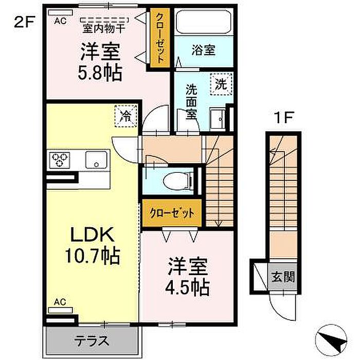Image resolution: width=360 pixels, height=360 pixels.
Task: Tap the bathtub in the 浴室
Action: (x=204, y=22)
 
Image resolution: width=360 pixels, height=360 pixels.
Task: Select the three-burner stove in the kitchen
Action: (x=60, y=159)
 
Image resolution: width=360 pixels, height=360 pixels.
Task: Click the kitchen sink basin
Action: (x=96, y=159)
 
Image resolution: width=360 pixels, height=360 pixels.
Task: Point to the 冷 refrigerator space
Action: (x=126, y=116)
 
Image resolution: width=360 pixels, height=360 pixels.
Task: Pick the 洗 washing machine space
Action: (x=221, y=84)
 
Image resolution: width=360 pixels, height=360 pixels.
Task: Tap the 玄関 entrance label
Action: (x=283, y=277)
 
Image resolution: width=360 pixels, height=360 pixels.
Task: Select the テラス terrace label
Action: (x=92, y=340)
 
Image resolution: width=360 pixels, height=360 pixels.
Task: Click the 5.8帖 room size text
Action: (x=100, y=73)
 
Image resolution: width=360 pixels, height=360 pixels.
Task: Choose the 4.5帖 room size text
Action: (x=187, y=287)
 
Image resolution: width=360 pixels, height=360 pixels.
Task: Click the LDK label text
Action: (x=92, y=234)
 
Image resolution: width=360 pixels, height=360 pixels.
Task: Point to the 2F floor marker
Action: (x=24, y=23)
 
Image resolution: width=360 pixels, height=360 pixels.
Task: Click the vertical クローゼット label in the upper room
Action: (x=160, y=38)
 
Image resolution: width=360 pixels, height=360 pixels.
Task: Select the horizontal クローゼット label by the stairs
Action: (x=172, y=213)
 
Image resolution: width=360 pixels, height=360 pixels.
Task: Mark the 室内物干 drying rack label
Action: (x=104, y=28)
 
